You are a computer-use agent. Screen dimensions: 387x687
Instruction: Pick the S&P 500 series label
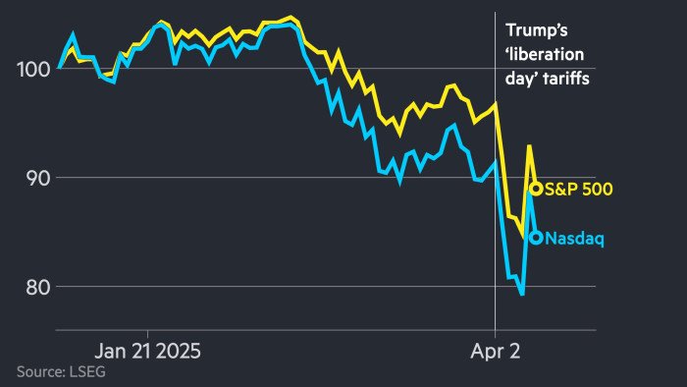tap(579, 189)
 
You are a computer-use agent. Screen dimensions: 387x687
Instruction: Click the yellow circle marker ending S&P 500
tap(536, 189)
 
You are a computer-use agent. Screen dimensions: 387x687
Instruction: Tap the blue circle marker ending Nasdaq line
tap(536, 237)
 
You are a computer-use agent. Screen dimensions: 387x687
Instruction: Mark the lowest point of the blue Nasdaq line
tap(522, 294)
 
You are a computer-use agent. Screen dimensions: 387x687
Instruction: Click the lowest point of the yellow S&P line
tap(522, 237)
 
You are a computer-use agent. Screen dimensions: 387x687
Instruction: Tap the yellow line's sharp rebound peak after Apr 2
tap(530, 145)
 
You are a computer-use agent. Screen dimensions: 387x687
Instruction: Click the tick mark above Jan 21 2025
tap(147, 331)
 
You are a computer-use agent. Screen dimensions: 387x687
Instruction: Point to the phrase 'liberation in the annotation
tap(543, 56)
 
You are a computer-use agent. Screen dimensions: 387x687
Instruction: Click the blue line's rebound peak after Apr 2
tap(530, 193)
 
